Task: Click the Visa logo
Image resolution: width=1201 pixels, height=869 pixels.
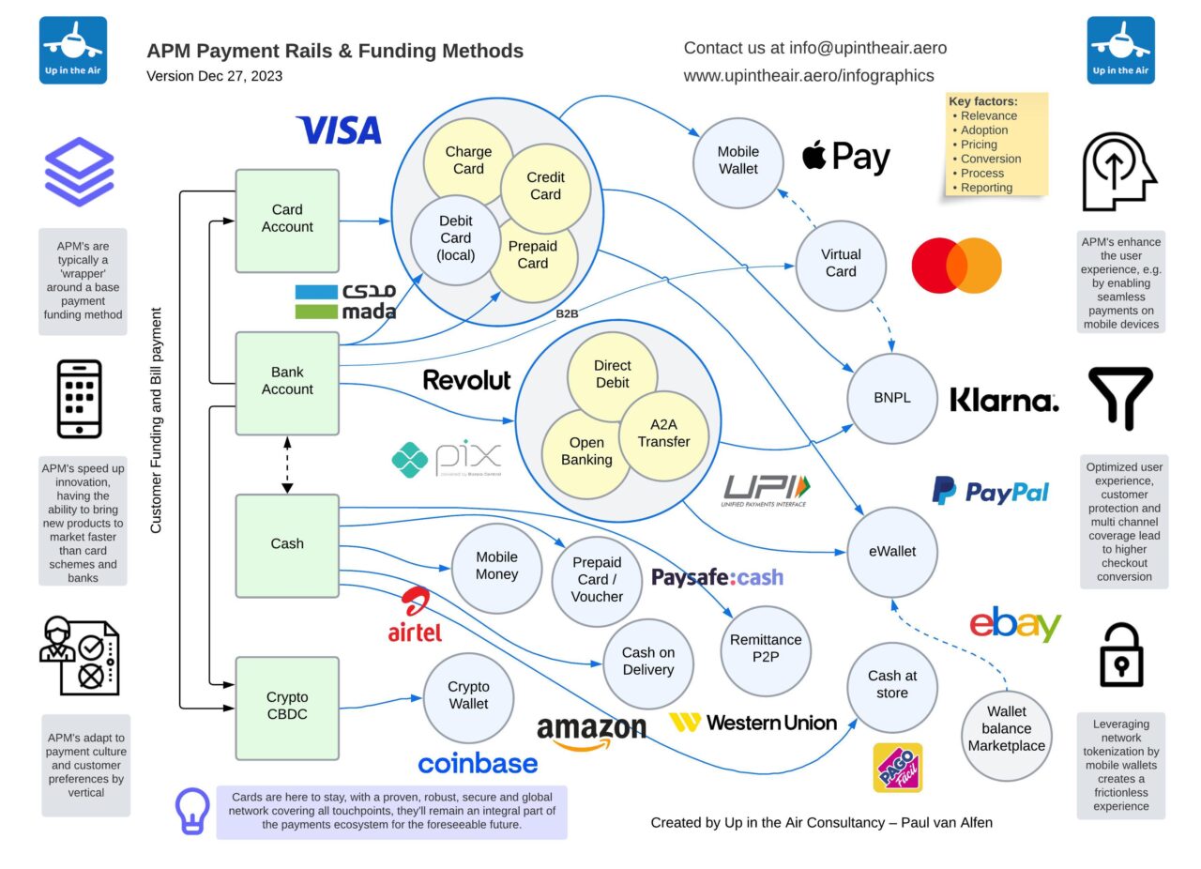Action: tap(339, 130)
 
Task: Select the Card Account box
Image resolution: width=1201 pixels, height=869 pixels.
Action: tap(287, 219)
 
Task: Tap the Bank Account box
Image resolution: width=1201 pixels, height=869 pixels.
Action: tap(287, 382)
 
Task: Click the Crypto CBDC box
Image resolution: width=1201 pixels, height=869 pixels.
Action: tap(287, 707)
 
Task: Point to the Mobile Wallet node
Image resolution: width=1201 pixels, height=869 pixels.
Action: tap(737, 160)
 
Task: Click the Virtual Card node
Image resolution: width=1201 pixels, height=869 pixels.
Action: tap(840, 263)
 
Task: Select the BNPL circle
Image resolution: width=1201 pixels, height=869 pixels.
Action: tap(892, 398)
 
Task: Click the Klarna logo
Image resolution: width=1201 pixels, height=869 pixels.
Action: tap(1004, 401)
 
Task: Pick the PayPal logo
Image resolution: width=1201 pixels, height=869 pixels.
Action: tap(990, 491)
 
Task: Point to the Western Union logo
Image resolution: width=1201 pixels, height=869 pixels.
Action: tap(753, 723)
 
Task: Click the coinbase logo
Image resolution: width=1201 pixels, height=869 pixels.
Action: tap(478, 764)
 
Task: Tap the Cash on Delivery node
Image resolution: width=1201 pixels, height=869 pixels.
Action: tap(647, 662)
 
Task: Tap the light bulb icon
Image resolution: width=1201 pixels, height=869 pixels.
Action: tap(193, 812)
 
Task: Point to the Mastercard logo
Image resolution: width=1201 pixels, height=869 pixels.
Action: tap(956, 266)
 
